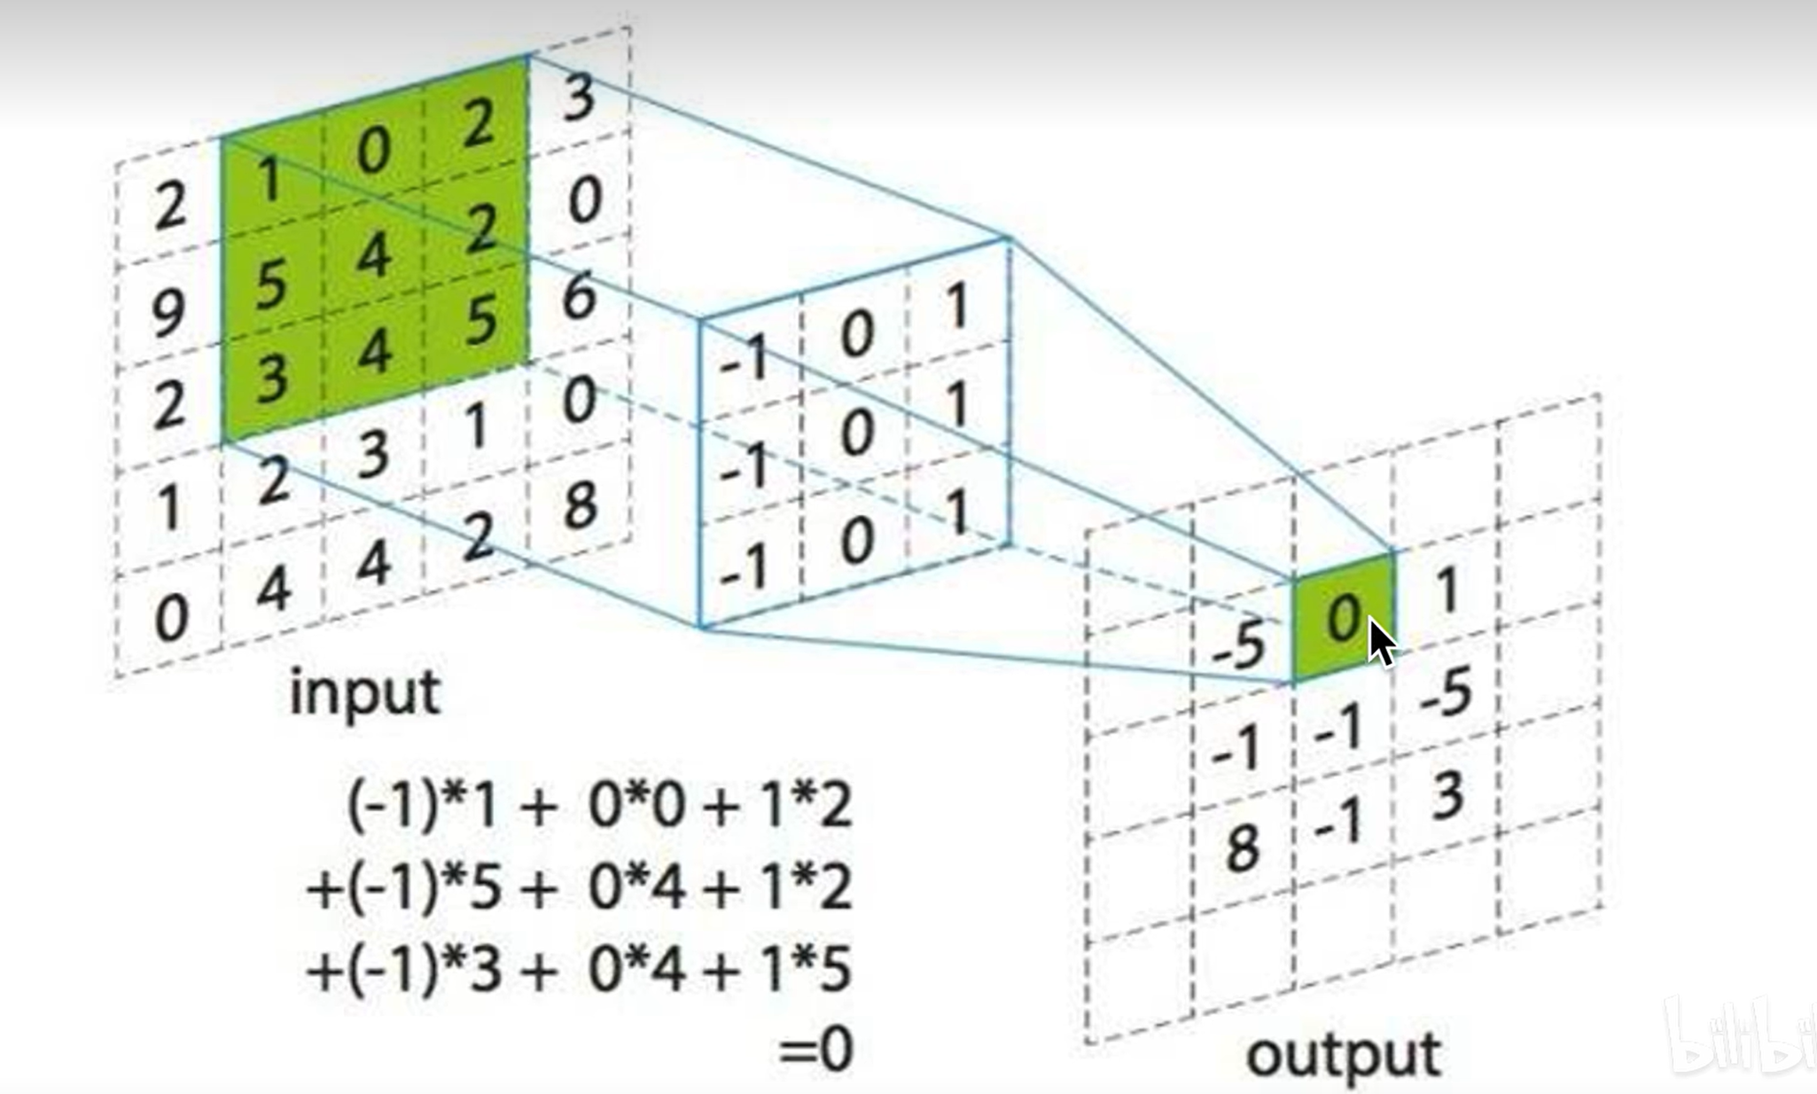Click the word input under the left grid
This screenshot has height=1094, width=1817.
pos(364,694)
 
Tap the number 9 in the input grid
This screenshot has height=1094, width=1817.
pos(168,311)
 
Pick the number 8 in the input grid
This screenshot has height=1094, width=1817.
pos(580,506)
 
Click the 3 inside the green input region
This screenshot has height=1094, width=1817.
pos(272,378)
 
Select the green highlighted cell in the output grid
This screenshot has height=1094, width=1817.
pos(1342,617)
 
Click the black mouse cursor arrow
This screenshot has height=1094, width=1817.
pos(1381,642)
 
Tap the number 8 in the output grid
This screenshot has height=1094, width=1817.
pos(1242,848)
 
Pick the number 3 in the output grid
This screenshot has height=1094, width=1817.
pos(1447,795)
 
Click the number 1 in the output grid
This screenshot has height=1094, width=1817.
pos(1447,590)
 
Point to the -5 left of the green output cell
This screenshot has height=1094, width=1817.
pos(1238,645)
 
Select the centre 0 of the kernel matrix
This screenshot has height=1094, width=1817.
pos(856,434)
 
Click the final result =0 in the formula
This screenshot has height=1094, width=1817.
pos(815,1050)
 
